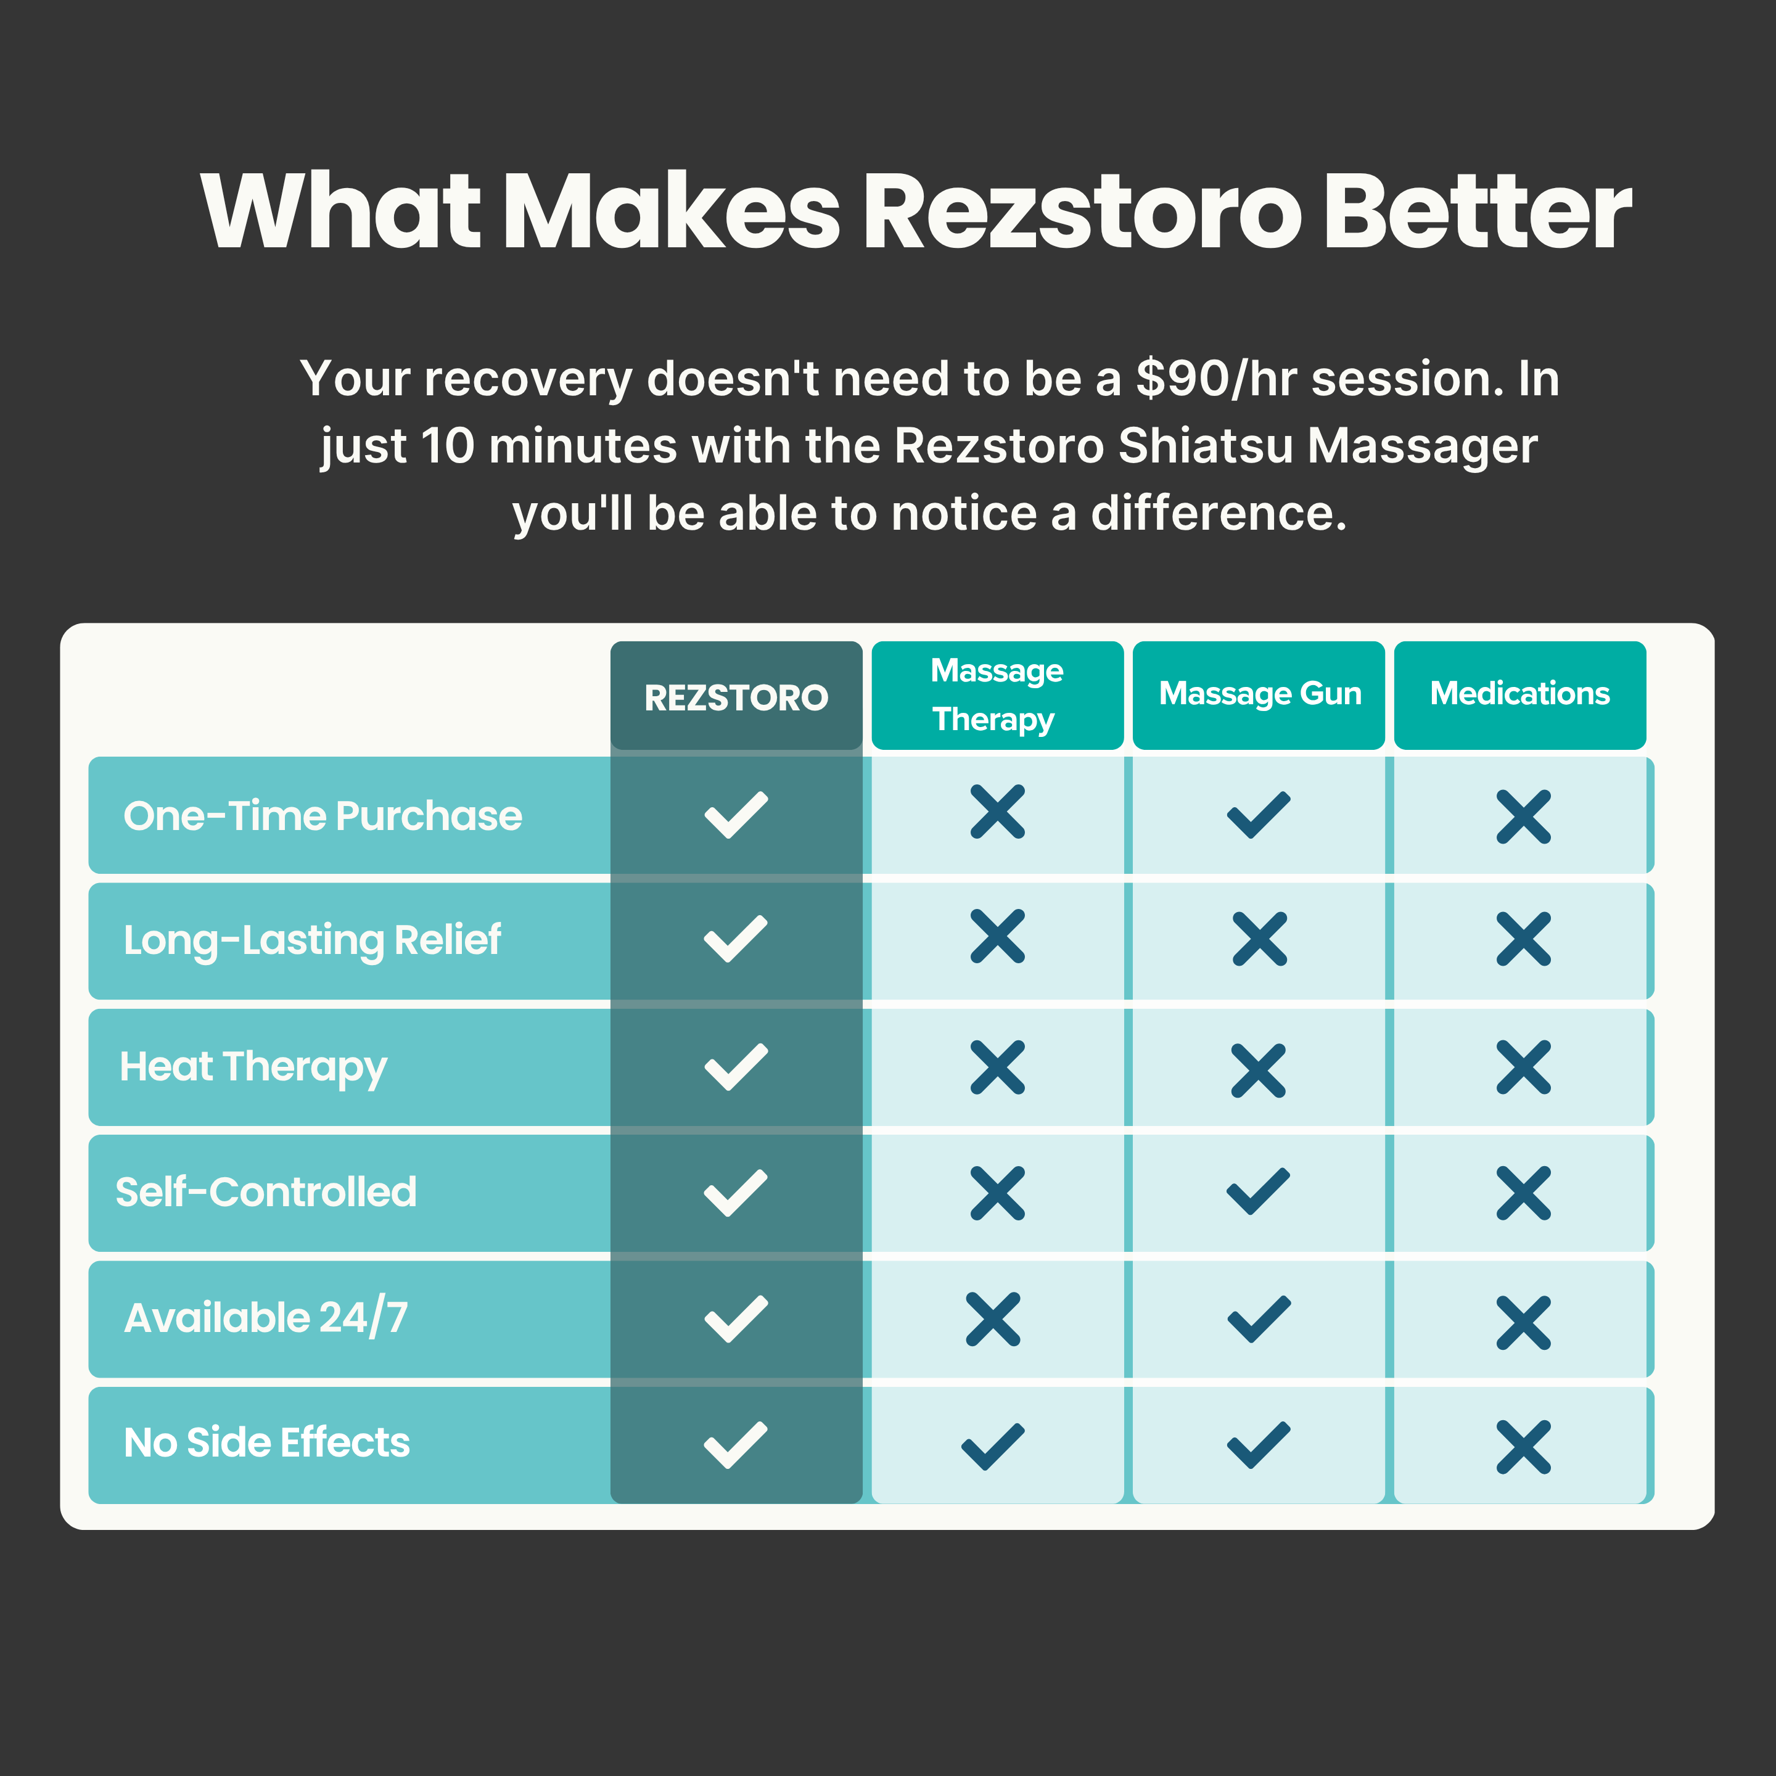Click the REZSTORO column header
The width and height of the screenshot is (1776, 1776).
point(736,697)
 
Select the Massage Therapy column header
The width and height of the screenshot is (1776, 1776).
point(997,695)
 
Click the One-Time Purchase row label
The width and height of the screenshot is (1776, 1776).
point(323,815)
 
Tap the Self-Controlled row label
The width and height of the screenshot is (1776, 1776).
point(266,1192)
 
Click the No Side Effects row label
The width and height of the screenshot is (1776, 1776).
point(266,1443)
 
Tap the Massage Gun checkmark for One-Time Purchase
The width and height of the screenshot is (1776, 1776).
point(1259,815)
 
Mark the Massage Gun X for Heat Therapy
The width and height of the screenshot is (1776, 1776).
point(1259,1070)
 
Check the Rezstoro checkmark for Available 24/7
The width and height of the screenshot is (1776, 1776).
point(736,1319)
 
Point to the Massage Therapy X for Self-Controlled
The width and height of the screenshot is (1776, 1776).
point(997,1193)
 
